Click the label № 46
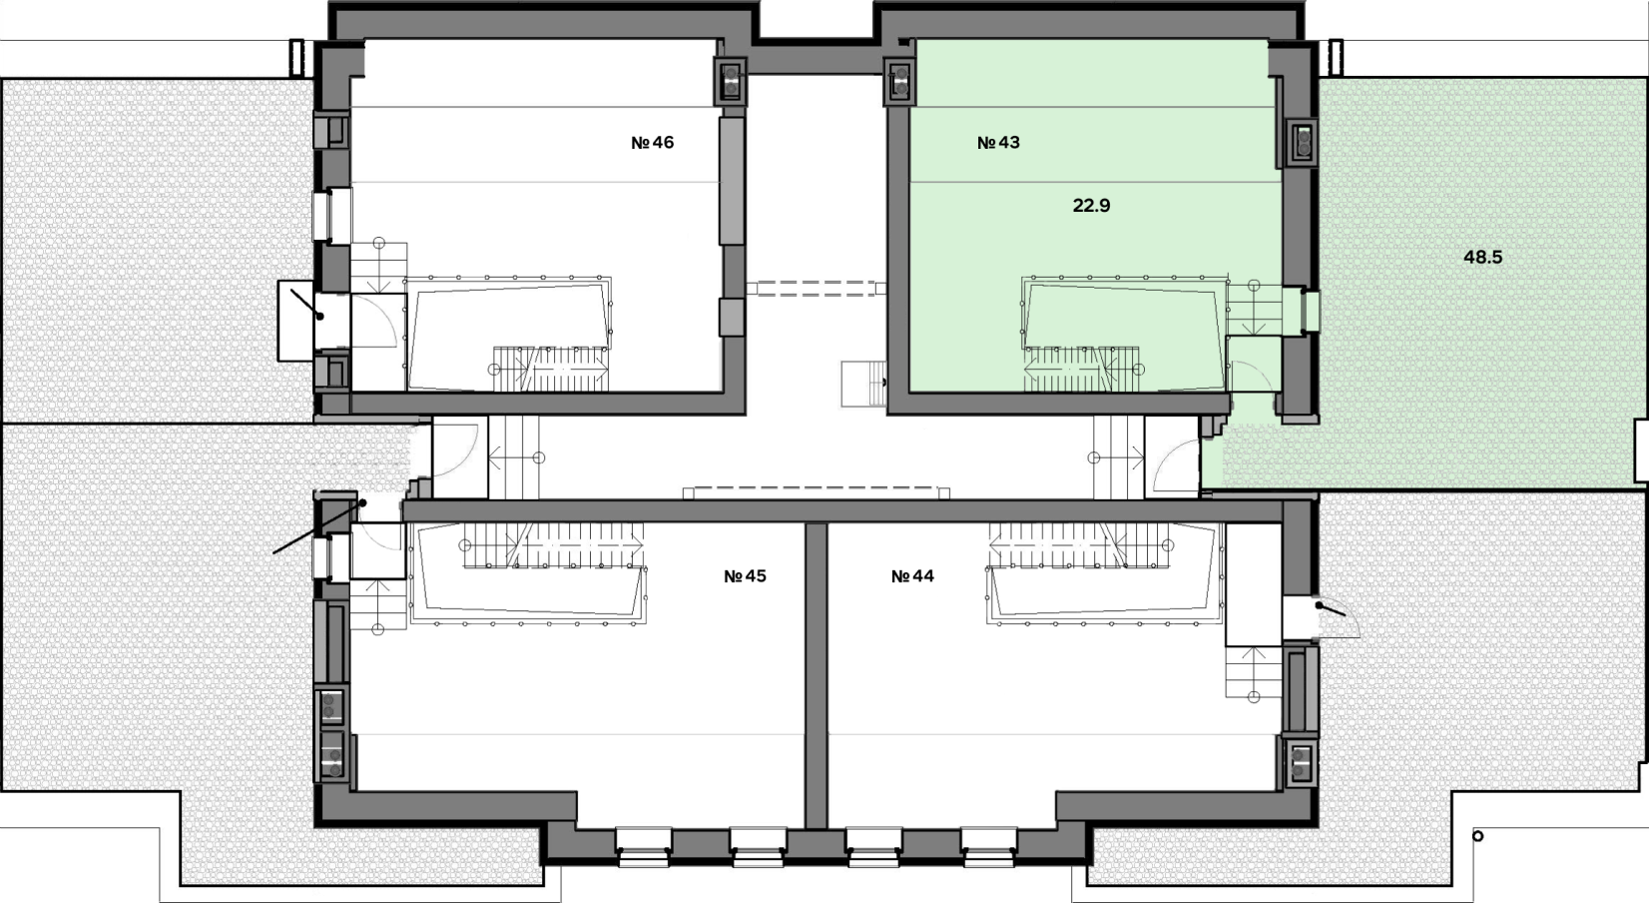tap(652, 142)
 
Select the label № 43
tap(998, 142)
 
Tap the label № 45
tap(745, 575)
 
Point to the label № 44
tap(912, 575)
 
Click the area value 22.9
tap(1091, 206)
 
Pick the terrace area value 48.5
tap(1482, 257)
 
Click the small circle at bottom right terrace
tap(1477, 836)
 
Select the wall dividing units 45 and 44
tap(816, 675)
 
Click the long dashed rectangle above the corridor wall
tap(817, 493)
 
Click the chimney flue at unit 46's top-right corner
tap(731, 80)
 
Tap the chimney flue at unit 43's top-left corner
tap(899, 80)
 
